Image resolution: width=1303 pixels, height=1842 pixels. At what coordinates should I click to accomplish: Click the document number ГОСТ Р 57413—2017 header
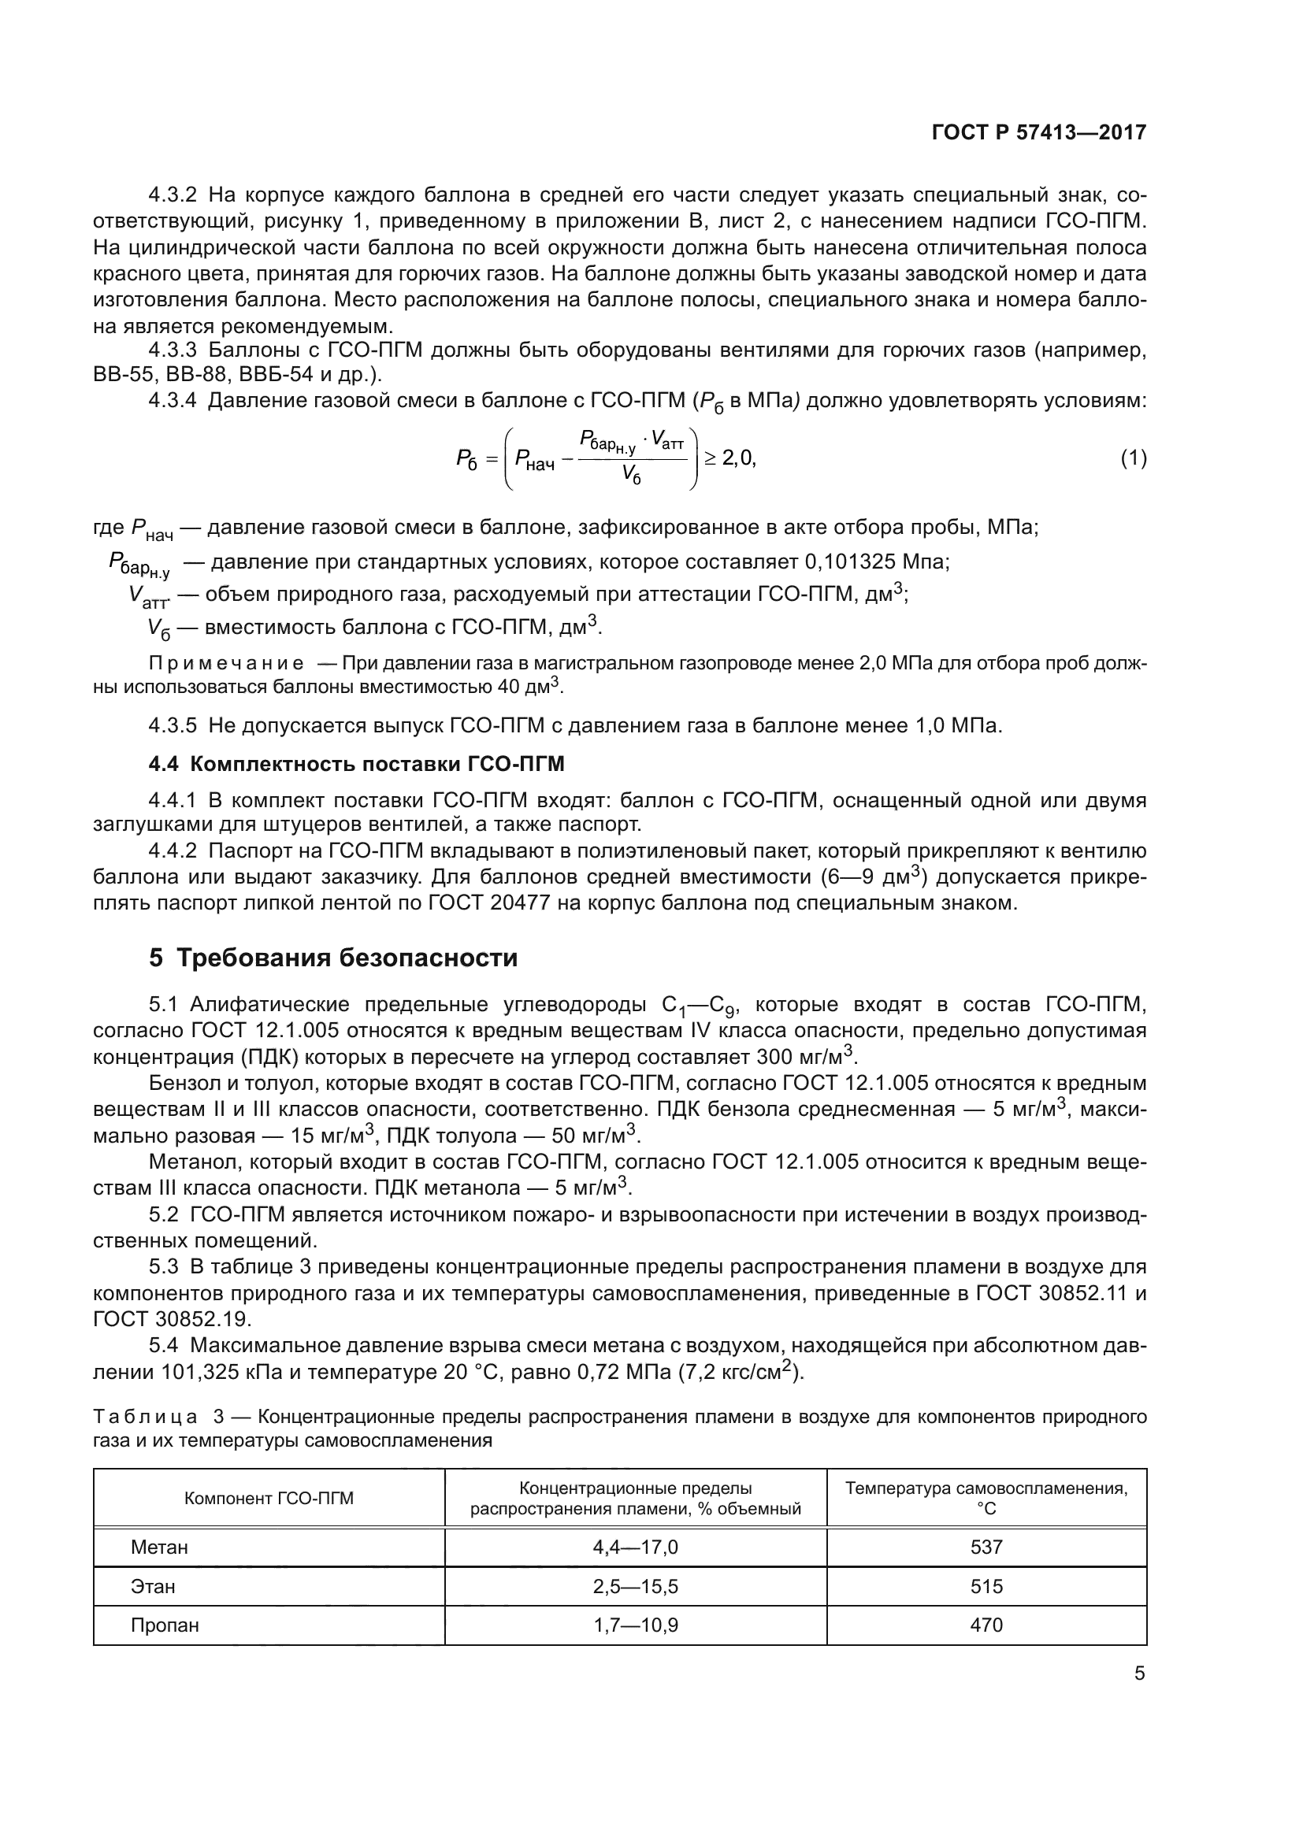[1038, 132]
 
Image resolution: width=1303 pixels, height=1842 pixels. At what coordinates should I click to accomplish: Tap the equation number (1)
[1133, 459]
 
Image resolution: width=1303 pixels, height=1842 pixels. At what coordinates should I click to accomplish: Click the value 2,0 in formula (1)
[737, 459]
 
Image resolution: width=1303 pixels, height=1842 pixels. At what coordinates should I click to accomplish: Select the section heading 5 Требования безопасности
[333, 958]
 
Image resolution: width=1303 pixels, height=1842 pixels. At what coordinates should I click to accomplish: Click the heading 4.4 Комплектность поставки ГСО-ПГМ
[356, 764]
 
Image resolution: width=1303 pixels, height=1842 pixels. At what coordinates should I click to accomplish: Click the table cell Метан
[159, 1547]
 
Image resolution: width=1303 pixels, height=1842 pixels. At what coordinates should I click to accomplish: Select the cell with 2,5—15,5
[635, 1586]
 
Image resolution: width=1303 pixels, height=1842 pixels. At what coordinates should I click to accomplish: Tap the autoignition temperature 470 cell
[986, 1625]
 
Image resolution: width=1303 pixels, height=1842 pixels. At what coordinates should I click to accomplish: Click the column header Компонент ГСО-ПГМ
[269, 1499]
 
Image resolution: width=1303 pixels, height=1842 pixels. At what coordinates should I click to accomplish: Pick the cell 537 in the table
[986, 1547]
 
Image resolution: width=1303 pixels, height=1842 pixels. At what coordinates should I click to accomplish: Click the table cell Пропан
[165, 1625]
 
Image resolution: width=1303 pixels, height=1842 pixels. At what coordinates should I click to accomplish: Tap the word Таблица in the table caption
[145, 1417]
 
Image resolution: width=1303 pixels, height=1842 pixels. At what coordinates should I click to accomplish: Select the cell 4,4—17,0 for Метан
[635, 1547]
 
